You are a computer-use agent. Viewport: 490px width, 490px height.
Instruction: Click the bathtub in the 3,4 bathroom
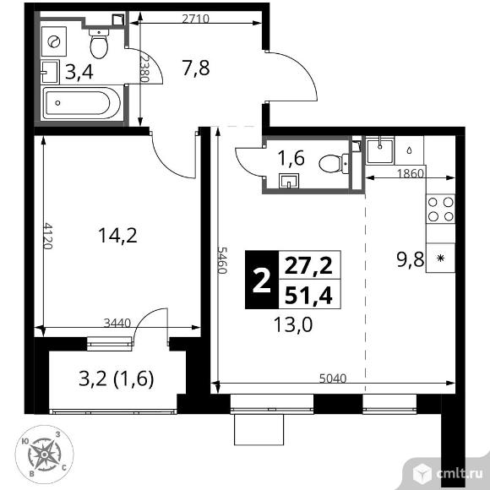tap(82, 103)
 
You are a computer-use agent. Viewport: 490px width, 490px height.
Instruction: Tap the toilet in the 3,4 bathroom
tap(99, 43)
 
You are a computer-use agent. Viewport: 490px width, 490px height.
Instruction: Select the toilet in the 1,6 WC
tap(334, 163)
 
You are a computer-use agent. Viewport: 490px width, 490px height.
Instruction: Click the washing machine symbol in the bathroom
tap(54, 41)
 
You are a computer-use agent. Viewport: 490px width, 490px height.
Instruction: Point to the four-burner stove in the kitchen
tap(441, 209)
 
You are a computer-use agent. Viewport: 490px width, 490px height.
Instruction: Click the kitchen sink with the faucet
tap(380, 151)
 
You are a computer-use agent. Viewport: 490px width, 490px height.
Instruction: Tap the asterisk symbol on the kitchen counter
tap(441, 259)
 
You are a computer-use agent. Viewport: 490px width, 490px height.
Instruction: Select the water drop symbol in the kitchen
tap(409, 150)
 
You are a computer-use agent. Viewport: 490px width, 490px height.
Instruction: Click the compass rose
tap(45, 455)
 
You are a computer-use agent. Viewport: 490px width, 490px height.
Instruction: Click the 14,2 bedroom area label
tap(117, 236)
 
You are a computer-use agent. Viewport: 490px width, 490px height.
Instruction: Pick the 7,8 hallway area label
tap(196, 68)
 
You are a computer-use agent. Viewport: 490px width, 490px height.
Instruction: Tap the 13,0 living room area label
tap(293, 324)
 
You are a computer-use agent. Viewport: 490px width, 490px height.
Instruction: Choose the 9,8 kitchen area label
tap(411, 259)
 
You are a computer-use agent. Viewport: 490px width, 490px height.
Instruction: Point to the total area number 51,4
tap(308, 296)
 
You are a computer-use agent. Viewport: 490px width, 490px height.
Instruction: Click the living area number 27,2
tap(308, 266)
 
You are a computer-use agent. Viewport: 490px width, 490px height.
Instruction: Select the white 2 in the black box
tap(262, 281)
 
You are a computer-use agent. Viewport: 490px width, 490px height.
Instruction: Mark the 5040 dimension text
tap(333, 378)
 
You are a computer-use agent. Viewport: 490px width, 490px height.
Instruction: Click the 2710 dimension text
tap(196, 19)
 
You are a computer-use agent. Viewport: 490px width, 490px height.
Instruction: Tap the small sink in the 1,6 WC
tap(289, 181)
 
